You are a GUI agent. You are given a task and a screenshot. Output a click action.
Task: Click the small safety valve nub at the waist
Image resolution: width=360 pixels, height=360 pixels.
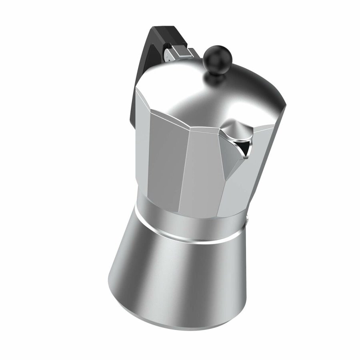pyautogui.click(x=249, y=219)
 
